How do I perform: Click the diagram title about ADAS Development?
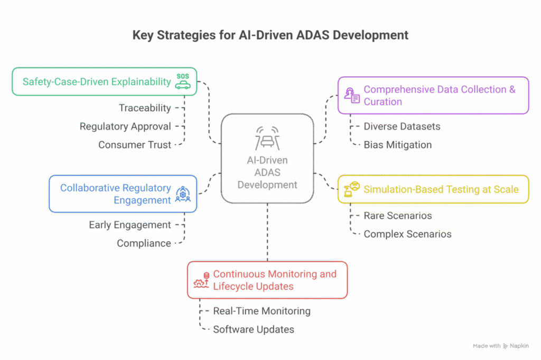click(x=270, y=35)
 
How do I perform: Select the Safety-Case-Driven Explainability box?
click(x=104, y=81)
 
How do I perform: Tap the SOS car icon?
click(x=183, y=82)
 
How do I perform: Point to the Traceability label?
click(x=145, y=108)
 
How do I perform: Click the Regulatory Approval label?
click(x=125, y=126)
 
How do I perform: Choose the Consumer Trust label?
click(x=135, y=144)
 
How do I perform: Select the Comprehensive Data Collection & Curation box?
click(x=433, y=95)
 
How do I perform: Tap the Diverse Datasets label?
click(x=402, y=126)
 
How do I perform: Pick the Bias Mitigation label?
click(x=397, y=144)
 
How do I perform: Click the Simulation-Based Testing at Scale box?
click(x=433, y=189)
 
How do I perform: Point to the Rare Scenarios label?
click(x=397, y=216)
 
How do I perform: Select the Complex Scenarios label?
click(x=407, y=234)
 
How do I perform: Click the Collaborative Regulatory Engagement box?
click(x=123, y=193)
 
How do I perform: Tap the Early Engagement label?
click(x=130, y=225)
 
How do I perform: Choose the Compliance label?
click(x=144, y=243)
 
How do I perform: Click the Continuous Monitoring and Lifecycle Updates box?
click(x=267, y=280)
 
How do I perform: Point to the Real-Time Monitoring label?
click(x=262, y=311)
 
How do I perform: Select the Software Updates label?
click(x=253, y=329)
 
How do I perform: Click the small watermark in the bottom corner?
click(x=500, y=346)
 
